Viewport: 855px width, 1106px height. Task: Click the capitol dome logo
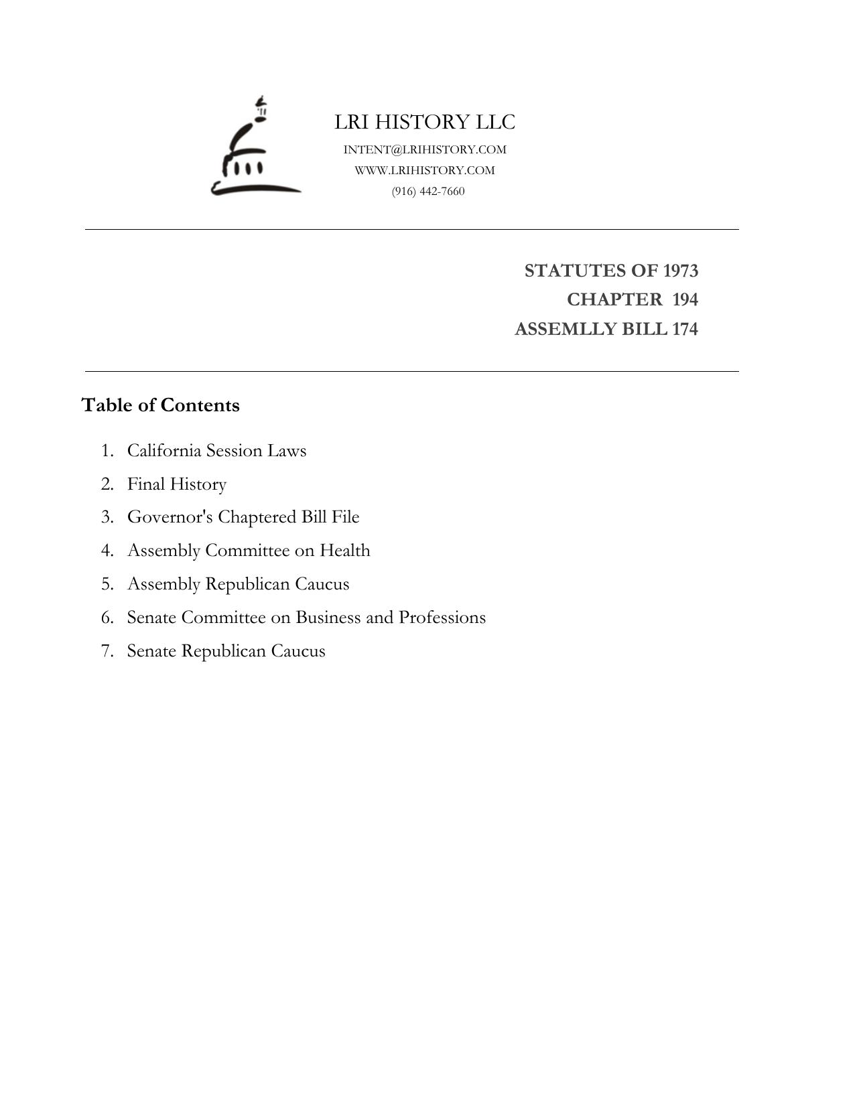[x=255, y=148]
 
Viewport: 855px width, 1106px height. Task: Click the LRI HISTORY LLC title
[x=425, y=122]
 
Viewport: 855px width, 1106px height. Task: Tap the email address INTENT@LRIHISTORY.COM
[x=425, y=149]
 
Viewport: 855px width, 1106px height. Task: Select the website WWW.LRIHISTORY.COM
[x=425, y=170]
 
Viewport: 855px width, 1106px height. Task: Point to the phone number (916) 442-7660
[x=428, y=191]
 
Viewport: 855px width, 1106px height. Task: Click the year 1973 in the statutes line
[x=680, y=271]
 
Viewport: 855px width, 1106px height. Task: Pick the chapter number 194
[x=685, y=299]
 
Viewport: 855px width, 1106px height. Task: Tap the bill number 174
[x=685, y=329]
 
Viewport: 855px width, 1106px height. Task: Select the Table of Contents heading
[x=160, y=405]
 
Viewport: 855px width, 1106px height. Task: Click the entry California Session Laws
[x=216, y=450]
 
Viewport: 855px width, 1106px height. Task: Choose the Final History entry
[x=177, y=484]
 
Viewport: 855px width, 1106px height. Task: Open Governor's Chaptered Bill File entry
[x=243, y=517]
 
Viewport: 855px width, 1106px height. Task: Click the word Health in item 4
[x=344, y=550]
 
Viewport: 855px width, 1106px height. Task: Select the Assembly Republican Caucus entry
[x=238, y=583]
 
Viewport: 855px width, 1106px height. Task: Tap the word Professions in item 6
[x=442, y=617]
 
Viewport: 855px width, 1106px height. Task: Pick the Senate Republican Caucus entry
[x=226, y=650]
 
